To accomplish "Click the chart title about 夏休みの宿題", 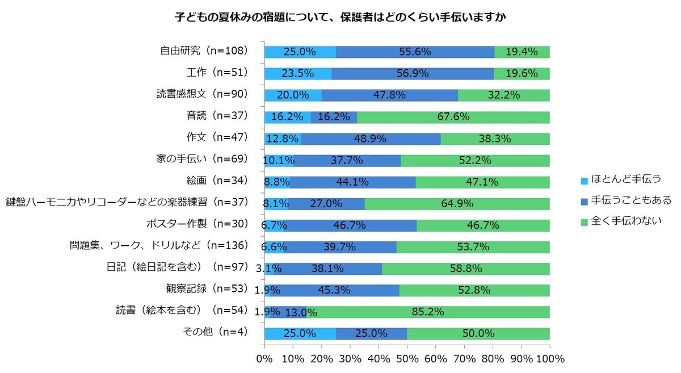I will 340,18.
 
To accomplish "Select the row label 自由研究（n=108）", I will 204,51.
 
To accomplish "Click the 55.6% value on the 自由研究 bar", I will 414,52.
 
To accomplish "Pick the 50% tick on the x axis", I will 407,359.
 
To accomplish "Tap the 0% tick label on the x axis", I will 264,359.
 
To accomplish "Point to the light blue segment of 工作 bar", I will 298,73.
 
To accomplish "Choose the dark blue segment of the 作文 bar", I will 371,139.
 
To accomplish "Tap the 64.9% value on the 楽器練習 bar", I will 457,203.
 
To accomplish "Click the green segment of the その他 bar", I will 478,333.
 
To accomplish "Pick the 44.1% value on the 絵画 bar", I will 352,182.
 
